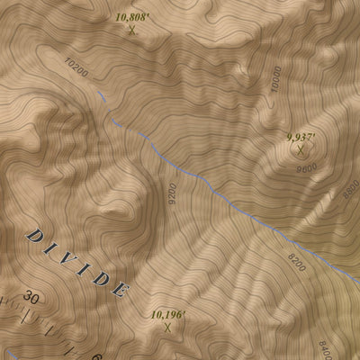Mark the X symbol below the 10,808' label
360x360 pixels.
pyautogui.click(x=132, y=30)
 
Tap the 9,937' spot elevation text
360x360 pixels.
pyautogui.click(x=300, y=137)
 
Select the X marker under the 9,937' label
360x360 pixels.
pyautogui.click(x=300, y=149)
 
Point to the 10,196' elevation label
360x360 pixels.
pyautogui.click(x=167, y=314)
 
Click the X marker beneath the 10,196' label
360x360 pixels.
pyautogui.click(x=167, y=327)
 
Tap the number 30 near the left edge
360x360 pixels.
pyautogui.click(x=33, y=297)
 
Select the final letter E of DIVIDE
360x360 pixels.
pyautogui.click(x=120, y=290)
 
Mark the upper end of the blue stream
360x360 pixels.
pyautogui.click(x=98, y=93)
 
